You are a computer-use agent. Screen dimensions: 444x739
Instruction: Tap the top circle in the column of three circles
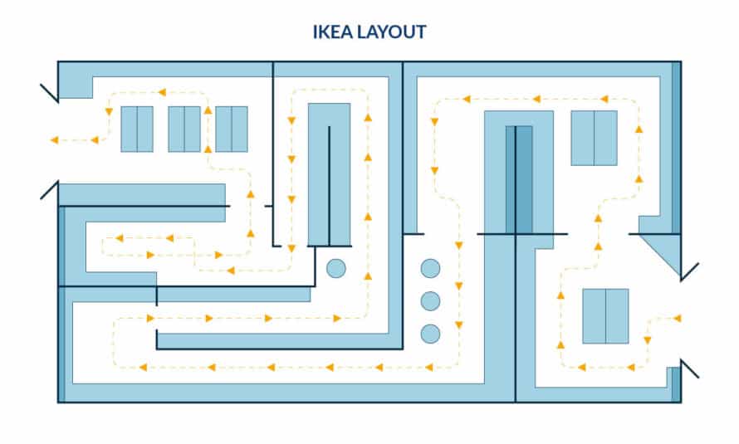tap(430, 268)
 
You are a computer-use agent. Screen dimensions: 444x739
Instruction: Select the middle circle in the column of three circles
tap(430, 300)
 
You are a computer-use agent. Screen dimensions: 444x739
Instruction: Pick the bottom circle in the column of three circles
tap(430, 334)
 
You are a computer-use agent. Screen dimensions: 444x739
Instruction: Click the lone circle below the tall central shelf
tap(336, 268)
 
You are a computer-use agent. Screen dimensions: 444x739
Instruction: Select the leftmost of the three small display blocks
tap(137, 129)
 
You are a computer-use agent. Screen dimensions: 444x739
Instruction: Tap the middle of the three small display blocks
tap(184, 129)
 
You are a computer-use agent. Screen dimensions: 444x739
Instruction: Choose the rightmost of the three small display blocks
tap(232, 129)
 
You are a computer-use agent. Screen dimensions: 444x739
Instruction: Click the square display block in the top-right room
tap(594, 138)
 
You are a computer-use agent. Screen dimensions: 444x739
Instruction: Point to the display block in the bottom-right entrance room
tap(605, 316)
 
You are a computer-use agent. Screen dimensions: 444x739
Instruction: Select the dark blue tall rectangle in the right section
tap(519, 179)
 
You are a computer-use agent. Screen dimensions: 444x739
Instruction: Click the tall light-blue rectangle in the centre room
tap(329, 174)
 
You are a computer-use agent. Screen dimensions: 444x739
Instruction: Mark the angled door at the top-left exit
tap(49, 92)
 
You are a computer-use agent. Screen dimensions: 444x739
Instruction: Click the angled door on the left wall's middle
tap(49, 190)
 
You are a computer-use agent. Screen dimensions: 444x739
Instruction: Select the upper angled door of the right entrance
tap(689, 271)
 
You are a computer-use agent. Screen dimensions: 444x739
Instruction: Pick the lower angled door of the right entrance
tap(689, 368)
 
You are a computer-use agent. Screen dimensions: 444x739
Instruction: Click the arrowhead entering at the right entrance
tap(678, 318)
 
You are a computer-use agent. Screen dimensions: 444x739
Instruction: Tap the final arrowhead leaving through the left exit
tap(54, 139)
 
